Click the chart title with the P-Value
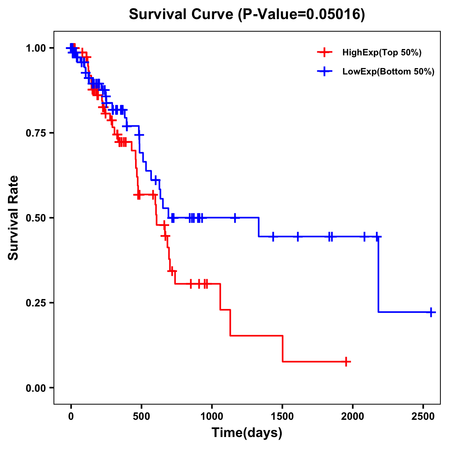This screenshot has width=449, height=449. [247, 14]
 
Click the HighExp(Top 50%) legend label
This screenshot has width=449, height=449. [382, 53]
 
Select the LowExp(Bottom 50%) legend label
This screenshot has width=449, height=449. [388, 72]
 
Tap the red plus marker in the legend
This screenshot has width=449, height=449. [324, 52]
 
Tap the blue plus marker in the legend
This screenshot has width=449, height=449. [324, 71]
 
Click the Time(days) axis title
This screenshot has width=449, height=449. [247, 433]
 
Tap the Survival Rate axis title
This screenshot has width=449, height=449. [13, 217]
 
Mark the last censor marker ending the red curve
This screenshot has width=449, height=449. [346, 362]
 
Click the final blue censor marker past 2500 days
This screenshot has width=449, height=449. [431, 312]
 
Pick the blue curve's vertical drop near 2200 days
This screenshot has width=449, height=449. [378, 275]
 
